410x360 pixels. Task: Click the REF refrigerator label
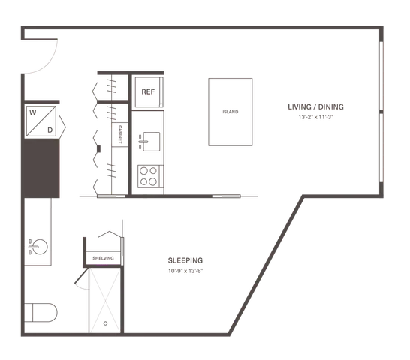click(x=148, y=91)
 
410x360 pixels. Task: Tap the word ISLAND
click(x=231, y=112)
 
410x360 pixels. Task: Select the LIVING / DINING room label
click(x=315, y=106)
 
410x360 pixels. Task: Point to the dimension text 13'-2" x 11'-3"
click(x=316, y=117)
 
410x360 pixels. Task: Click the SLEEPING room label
click(x=185, y=260)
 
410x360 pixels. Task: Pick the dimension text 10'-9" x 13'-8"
click(x=185, y=271)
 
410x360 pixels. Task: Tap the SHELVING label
click(x=104, y=258)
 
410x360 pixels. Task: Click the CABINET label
click(x=120, y=134)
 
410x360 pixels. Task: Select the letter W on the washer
click(x=33, y=112)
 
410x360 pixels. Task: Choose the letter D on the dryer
click(x=50, y=130)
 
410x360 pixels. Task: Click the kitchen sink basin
click(x=151, y=142)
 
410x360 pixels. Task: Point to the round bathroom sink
click(x=40, y=247)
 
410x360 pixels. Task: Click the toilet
click(x=41, y=313)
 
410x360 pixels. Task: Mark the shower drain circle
click(x=105, y=323)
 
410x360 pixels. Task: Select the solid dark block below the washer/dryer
click(x=42, y=168)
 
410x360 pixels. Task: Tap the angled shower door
click(x=81, y=276)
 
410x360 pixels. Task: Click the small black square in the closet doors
click(x=99, y=149)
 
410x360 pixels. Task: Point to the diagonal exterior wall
click(x=266, y=265)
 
